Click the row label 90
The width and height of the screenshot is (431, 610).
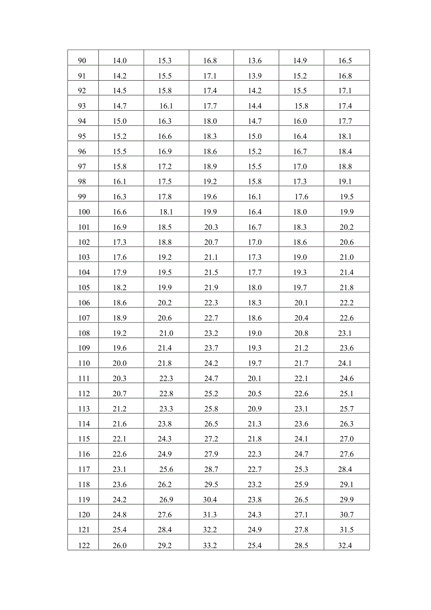82,60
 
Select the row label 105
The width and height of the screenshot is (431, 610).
84,288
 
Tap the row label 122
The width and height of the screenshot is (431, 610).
84,545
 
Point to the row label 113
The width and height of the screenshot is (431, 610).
84,409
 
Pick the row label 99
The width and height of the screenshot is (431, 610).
82,197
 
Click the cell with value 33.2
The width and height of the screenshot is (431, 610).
210,545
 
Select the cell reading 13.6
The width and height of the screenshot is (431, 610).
255,60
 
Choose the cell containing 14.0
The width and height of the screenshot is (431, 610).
120,60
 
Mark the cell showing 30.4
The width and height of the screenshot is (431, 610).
210,500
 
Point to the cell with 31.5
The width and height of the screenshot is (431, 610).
347,530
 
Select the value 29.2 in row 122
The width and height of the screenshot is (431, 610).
165,545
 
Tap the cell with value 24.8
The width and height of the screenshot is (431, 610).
120,515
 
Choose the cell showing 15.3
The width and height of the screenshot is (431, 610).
165,60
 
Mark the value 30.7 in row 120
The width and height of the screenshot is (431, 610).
347,515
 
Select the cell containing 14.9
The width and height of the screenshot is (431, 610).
300,60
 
